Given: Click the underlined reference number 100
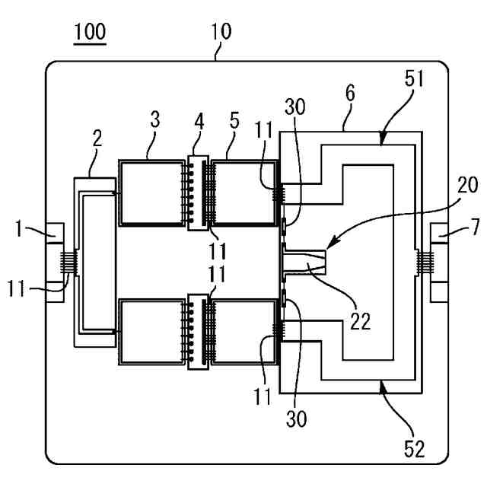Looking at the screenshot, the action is pos(90,31).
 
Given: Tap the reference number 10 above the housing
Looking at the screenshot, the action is pos(221,31).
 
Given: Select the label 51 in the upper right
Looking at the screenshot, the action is pos(414,78).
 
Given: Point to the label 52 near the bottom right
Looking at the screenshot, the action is pos(414,449).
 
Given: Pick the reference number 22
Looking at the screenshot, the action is pos(361,321).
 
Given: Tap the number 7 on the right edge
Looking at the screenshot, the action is pos(476,227).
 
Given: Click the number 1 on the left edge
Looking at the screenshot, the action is pos(19,229).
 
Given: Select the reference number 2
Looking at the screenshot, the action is pos(97,138).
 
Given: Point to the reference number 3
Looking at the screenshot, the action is pos(155,119).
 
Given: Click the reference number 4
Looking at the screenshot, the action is pos(199,122).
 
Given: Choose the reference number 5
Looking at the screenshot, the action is pos(234,120).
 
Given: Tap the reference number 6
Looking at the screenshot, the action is pos(350,93).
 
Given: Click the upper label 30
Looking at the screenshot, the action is pos(295,107).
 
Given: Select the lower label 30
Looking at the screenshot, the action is pos(296,419).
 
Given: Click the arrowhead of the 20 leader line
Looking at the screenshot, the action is pos(329,244).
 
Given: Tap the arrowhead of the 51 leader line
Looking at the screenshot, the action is pos(382,140).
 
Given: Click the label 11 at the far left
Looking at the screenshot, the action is pos(16,288).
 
